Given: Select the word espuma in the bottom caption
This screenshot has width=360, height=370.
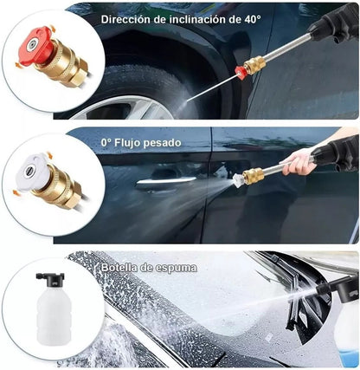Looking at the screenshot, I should click(x=177, y=268).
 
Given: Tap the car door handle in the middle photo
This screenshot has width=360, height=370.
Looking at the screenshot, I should click(x=164, y=180).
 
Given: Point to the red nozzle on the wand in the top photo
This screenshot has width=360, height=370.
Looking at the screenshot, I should click(x=242, y=72).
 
